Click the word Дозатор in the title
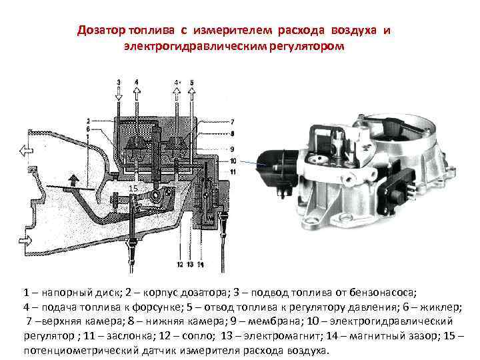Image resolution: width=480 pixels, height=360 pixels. point(101,31)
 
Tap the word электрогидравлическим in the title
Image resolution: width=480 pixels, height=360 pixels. point(195,47)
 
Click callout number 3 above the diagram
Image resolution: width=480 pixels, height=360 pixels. point(119,83)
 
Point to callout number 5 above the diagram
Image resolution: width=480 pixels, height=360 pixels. point(192,83)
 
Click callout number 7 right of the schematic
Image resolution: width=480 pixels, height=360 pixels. point(232,122)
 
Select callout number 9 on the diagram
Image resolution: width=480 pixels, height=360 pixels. point(232,149)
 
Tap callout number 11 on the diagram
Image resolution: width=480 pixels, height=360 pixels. point(233,172)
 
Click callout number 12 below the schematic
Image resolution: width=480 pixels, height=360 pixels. point(180,264)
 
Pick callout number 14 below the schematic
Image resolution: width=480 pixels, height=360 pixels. point(201,264)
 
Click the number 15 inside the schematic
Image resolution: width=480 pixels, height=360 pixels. point(133,189)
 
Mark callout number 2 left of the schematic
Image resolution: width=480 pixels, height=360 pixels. point(88,121)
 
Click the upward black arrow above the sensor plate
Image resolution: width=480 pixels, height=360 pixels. point(73,180)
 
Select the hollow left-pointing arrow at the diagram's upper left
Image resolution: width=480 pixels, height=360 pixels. point(26,151)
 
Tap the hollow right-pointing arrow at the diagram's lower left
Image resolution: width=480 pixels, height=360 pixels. point(25,240)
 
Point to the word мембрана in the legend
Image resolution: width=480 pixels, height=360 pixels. point(274,322)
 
